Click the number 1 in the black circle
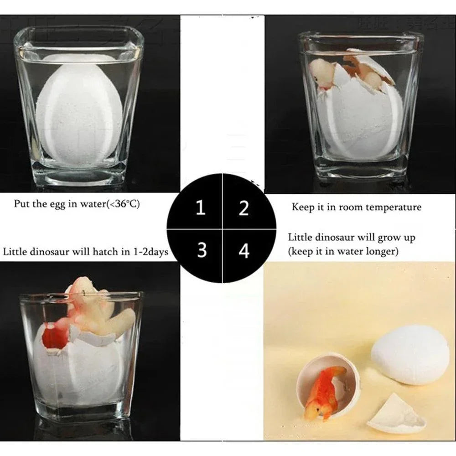[x=200, y=208]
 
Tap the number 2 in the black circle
[x=244, y=208]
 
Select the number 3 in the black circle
[x=202, y=250]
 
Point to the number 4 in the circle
[x=244, y=250]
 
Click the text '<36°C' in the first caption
[x=123, y=204]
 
